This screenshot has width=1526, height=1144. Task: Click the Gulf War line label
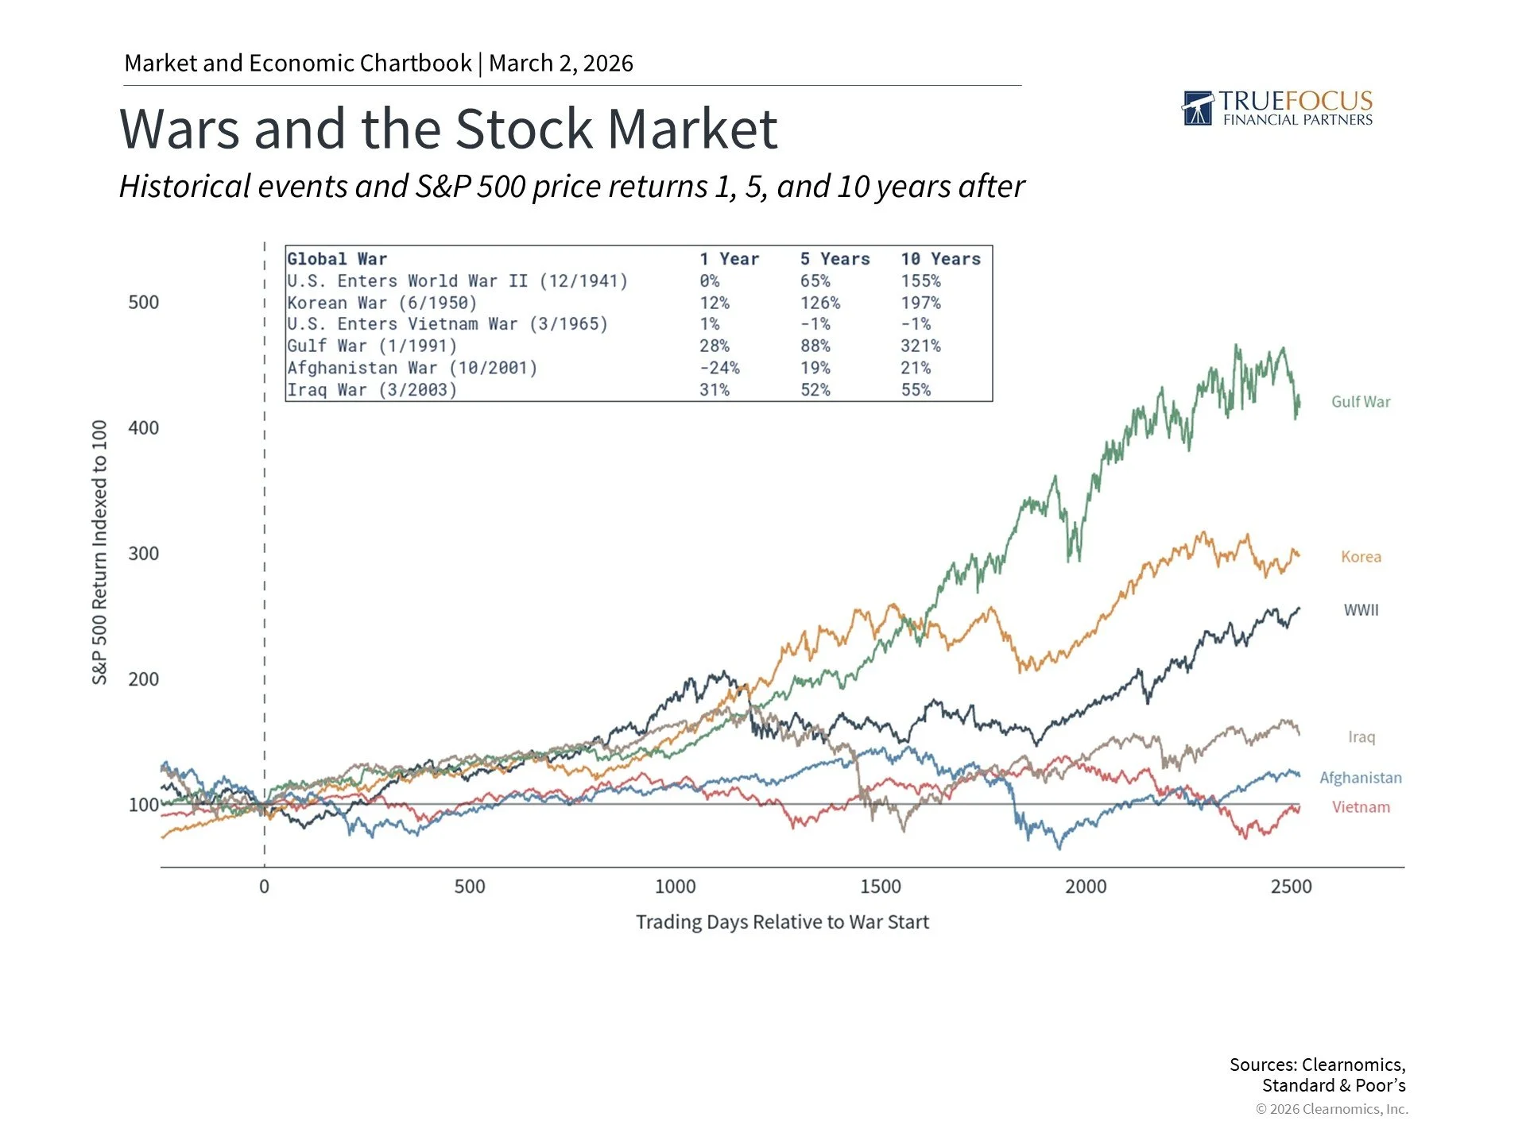(x=1361, y=402)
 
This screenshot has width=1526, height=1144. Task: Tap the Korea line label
(x=1361, y=557)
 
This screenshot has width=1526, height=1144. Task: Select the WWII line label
(x=1361, y=610)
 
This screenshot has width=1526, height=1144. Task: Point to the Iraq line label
(x=1361, y=737)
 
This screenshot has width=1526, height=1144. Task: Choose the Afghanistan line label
(x=1360, y=778)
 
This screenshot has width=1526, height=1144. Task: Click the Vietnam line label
(x=1361, y=807)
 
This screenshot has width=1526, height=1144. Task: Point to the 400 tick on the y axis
(x=143, y=428)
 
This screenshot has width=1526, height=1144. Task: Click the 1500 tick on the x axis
(x=880, y=887)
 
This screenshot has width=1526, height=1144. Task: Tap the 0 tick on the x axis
(x=264, y=887)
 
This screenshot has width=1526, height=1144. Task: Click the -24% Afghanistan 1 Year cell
(x=718, y=368)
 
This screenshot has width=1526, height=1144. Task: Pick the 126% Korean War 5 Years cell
(x=819, y=303)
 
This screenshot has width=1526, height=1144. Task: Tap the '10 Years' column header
(x=940, y=259)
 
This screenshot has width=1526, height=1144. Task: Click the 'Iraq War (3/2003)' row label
(x=372, y=390)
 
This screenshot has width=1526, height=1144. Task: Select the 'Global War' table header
(x=337, y=259)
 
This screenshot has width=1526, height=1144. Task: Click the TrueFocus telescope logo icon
(x=1198, y=108)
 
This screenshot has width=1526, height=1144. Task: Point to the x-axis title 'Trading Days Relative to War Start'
(x=782, y=922)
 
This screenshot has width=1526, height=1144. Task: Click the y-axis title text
(x=99, y=552)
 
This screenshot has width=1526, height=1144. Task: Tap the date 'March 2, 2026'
(x=560, y=63)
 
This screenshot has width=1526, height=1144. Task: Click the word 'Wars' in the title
(x=179, y=129)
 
